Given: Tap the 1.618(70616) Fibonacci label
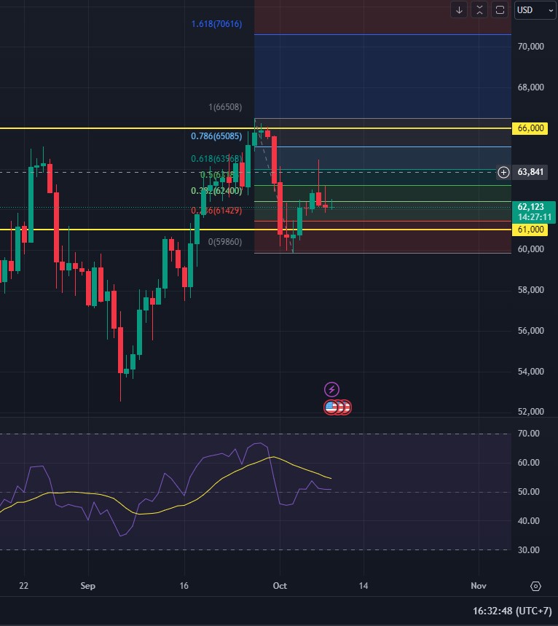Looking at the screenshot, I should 216,25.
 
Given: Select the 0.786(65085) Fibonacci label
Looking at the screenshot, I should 216,136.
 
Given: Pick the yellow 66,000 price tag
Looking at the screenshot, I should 531,128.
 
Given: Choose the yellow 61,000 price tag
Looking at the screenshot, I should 531,230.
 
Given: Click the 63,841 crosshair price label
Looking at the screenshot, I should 531,173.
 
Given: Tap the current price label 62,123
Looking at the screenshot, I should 531,207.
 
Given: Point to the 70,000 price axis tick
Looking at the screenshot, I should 531,47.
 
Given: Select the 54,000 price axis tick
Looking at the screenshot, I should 531,372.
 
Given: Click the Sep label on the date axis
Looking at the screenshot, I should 88,586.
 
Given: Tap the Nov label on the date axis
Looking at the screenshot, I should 478,586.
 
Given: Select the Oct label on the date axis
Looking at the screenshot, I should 280,586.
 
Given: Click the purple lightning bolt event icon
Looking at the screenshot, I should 331,390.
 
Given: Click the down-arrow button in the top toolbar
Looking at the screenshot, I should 459,10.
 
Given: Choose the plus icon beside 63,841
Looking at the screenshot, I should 503,173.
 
